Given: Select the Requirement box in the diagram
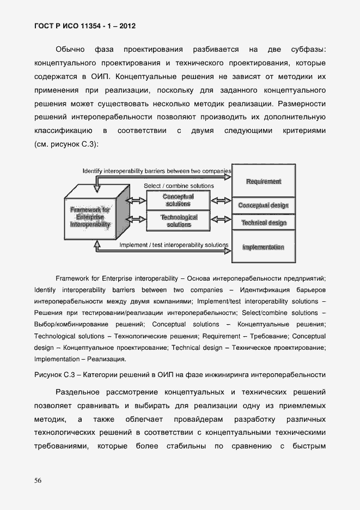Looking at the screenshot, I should click(x=264, y=181).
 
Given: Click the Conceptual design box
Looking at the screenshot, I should click(x=264, y=205).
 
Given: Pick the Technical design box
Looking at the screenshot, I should click(x=264, y=223).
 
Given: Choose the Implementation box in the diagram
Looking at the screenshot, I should click(x=264, y=247).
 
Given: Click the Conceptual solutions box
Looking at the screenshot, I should click(x=179, y=201).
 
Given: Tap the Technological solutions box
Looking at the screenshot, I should click(x=179, y=221).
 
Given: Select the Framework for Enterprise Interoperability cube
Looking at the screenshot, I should click(x=90, y=216).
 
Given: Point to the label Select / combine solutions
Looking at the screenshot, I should click(x=179, y=186).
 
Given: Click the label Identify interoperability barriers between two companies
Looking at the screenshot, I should click(x=157, y=171).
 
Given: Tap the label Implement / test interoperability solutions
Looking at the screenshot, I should click(x=173, y=245).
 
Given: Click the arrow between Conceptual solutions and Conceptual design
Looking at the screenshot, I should click(x=221, y=201).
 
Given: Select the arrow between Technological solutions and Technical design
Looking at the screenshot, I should click(x=221, y=221).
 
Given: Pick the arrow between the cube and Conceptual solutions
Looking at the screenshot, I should click(x=137, y=201).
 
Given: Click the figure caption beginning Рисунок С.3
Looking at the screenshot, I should click(x=180, y=374).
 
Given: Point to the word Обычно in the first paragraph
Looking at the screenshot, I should click(x=69, y=50).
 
